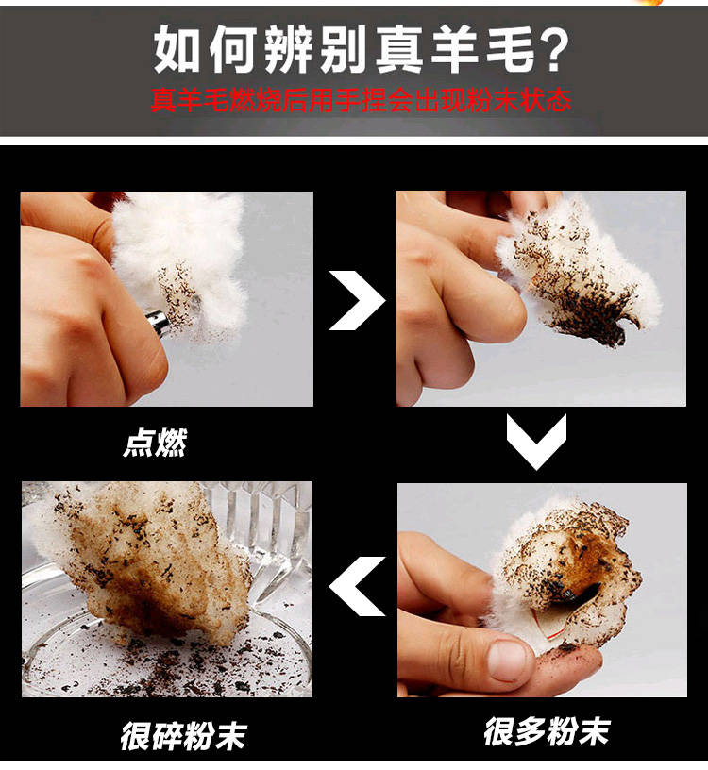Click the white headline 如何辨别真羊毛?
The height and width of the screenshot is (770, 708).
click(x=362, y=50)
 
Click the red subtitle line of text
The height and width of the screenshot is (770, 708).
click(x=362, y=101)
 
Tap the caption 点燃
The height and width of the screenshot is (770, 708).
click(x=155, y=443)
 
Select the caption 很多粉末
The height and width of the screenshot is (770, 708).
click(x=548, y=731)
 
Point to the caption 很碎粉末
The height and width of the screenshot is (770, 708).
click(x=183, y=736)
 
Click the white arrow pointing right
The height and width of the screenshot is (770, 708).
click(x=357, y=300)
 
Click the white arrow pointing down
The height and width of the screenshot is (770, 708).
click(x=536, y=442)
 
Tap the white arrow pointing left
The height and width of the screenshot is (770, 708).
click(x=357, y=586)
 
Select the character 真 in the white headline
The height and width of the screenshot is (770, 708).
click(x=398, y=50)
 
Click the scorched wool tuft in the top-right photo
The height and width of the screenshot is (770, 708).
click(x=578, y=270)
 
